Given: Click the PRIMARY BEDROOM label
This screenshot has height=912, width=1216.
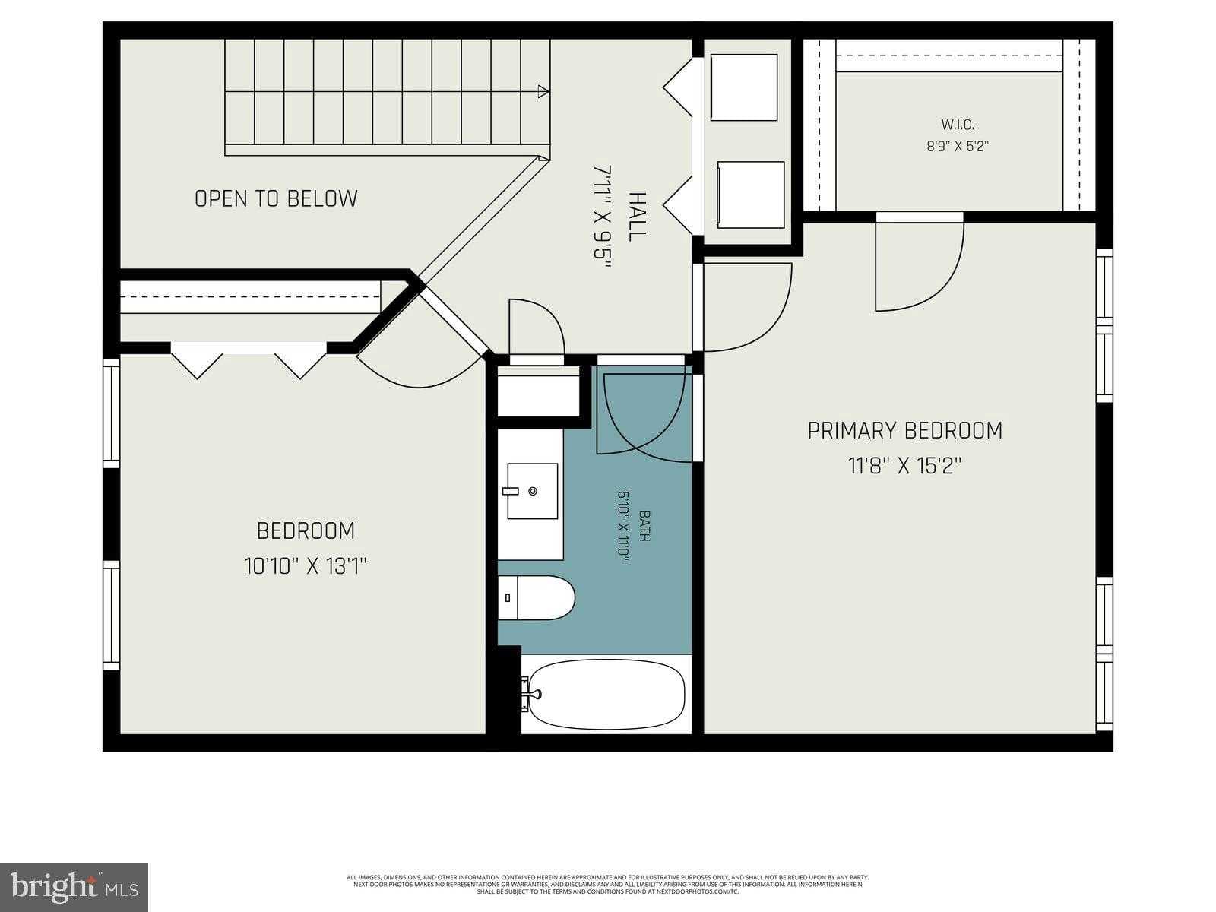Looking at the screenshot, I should coord(904,431).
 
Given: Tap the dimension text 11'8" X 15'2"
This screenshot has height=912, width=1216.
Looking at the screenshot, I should coord(904,466).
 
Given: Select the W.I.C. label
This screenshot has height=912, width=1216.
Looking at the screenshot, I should coord(957,125).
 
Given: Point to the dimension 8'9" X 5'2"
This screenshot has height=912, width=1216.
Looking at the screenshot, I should coord(957,147).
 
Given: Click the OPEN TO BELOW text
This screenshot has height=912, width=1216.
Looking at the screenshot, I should coord(276,199).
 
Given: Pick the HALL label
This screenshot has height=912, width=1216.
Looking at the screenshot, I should coord(637,217).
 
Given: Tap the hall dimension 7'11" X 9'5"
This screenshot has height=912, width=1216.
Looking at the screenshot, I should coord(602,217).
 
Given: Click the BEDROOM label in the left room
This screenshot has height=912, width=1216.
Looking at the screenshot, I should coord(306,530).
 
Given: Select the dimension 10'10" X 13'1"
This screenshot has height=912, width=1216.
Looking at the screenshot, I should coord(306,566).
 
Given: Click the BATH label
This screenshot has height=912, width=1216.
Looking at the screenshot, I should coord(644,525).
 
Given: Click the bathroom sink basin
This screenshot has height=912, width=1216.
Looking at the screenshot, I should coord(532,491).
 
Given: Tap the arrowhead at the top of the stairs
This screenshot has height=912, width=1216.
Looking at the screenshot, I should coord(543,92).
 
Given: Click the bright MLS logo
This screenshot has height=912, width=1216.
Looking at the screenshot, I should coord(74,887).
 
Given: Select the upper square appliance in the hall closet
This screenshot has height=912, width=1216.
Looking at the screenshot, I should coord(743,87).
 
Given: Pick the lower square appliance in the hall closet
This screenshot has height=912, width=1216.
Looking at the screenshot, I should coord(750,195).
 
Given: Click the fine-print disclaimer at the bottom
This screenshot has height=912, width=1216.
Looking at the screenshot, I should coord(608,884).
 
